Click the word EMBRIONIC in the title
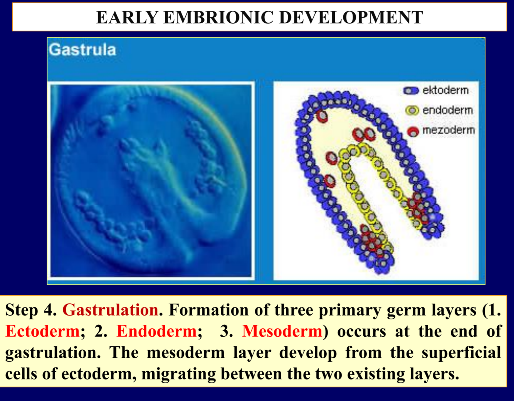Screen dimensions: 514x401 [x=218, y=17]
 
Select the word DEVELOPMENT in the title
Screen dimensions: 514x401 [x=351, y=17]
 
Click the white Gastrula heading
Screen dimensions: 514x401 [x=82, y=50]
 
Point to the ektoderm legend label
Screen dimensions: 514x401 [x=445, y=90]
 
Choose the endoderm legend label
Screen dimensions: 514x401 [x=447, y=110]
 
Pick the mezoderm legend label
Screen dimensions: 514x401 [x=448, y=130]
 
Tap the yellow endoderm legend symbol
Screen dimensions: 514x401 [x=412, y=110]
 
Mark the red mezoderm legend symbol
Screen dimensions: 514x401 [x=413, y=132]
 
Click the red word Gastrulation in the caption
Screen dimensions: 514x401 [x=110, y=310]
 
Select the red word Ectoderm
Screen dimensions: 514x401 [x=43, y=331]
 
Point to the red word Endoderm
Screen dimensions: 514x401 [x=156, y=331]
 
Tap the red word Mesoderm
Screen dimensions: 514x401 [x=282, y=331]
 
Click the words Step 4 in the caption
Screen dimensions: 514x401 [x=31, y=310]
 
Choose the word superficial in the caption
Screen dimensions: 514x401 [x=461, y=353]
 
